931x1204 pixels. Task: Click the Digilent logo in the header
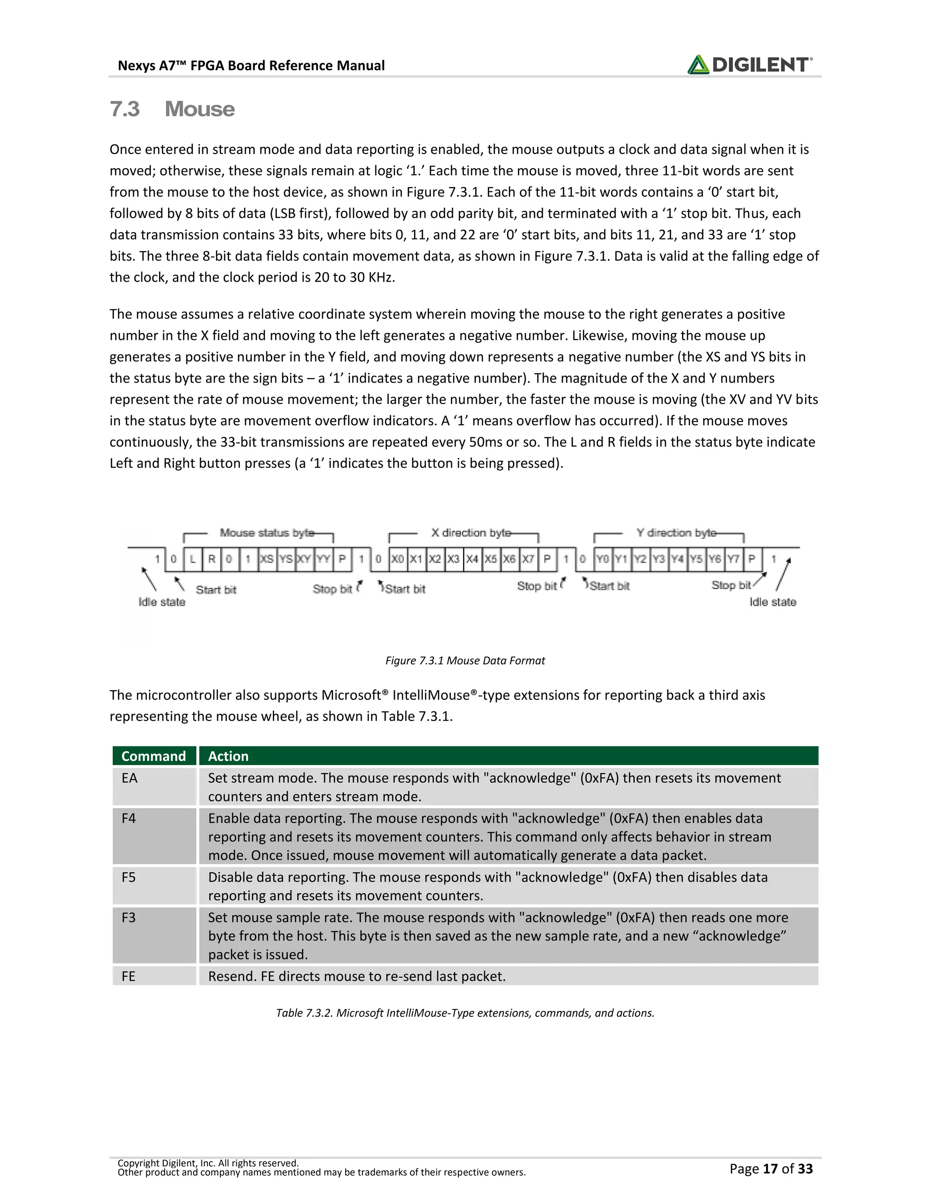[749, 65]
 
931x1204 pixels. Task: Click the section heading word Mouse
[199, 109]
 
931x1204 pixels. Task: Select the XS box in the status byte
[266, 559]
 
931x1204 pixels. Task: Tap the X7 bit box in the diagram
[528, 559]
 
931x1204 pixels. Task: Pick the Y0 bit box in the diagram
[602, 559]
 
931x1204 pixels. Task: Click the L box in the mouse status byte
[192, 559]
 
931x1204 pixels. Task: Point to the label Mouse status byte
[267, 532]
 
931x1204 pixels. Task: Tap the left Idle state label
[161, 602]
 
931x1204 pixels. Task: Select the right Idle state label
[772, 602]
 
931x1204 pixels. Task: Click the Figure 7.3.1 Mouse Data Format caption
[465, 661]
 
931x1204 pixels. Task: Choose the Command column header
[153, 756]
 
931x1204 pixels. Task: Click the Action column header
[228, 756]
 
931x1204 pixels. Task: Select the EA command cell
[130, 778]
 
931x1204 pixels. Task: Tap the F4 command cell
[129, 818]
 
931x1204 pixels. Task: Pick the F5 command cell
[129, 877]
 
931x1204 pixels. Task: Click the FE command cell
[129, 976]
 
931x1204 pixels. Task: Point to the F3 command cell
[129, 917]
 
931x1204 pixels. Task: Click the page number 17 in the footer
[770, 1169]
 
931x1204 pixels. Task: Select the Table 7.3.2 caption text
[465, 1013]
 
